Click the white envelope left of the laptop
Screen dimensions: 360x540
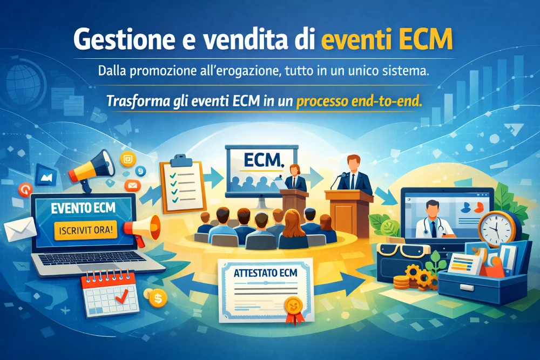point(20,227)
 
